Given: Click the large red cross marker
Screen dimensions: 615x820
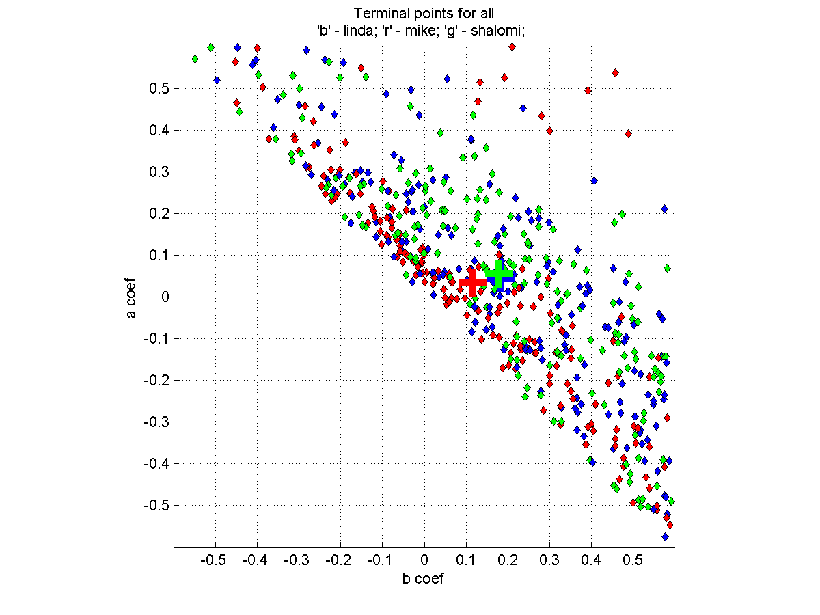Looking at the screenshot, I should pyautogui.click(x=472, y=282).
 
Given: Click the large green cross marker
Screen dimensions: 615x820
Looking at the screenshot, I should pyautogui.click(x=500, y=274).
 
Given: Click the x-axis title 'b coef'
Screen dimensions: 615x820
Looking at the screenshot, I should pyautogui.click(x=424, y=579).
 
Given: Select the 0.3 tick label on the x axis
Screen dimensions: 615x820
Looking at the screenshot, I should pyautogui.click(x=549, y=561).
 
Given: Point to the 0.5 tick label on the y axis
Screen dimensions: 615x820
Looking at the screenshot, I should pyautogui.click(x=160, y=88).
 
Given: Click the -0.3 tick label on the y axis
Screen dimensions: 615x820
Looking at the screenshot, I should pyautogui.click(x=156, y=422).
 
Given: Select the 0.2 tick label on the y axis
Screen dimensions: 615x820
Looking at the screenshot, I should pyautogui.click(x=160, y=213).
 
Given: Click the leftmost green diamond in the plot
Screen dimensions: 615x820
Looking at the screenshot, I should pyautogui.click(x=195, y=59).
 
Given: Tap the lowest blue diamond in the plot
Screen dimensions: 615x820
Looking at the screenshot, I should pyautogui.click(x=665, y=537).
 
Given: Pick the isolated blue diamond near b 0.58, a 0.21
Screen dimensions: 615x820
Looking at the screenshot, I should pyautogui.click(x=664, y=208).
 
